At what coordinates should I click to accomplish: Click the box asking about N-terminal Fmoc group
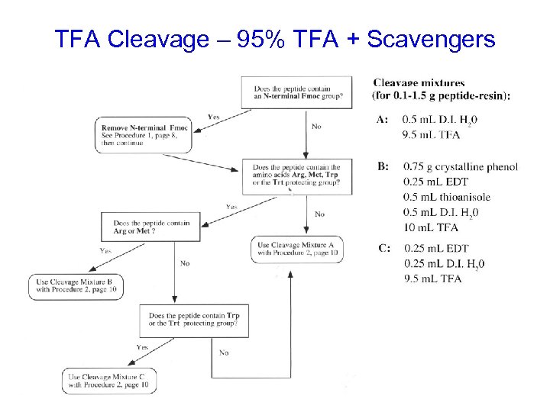click(298, 92)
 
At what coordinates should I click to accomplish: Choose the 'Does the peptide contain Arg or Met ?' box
click(146, 227)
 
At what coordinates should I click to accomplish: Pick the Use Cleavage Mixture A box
click(298, 249)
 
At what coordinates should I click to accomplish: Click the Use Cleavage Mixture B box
click(75, 287)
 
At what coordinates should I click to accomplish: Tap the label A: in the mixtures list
click(383, 120)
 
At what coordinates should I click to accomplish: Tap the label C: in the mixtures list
click(383, 248)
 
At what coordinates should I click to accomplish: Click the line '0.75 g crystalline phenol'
click(461, 167)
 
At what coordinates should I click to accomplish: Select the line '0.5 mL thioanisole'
click(447, 198)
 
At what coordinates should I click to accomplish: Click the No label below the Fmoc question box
click(316, 126)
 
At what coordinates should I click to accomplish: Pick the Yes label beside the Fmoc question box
click(215, 117)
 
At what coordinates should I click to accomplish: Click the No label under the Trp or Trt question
click(224, 352)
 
